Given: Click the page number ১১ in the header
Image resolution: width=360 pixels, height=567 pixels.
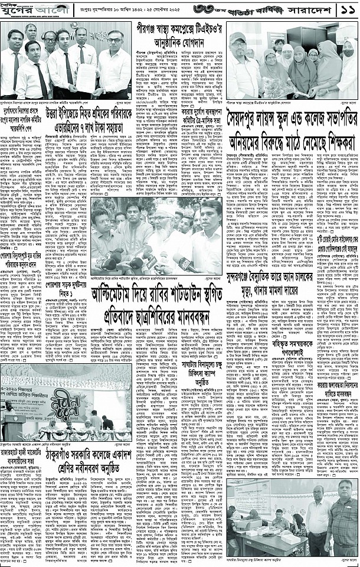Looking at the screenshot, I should pos(346,11).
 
